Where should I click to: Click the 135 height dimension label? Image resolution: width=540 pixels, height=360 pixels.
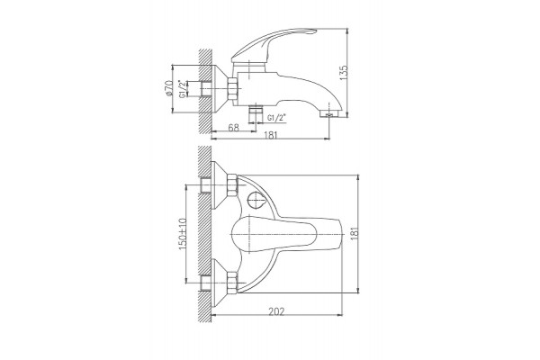coord(344,73)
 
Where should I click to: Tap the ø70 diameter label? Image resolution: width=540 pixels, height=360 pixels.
coord(168,88)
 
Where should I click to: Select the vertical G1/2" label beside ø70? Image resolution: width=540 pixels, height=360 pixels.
coord(182,89)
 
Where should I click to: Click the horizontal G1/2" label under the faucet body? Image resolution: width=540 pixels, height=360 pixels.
coord(277,118)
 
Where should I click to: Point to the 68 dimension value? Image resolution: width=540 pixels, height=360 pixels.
coord(233,127)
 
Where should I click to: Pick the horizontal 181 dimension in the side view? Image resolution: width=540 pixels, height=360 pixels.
coord(271,135)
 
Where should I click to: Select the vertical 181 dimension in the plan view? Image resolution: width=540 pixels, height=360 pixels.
coord(355,233)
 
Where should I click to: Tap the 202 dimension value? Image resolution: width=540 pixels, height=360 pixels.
coord(276,311)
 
